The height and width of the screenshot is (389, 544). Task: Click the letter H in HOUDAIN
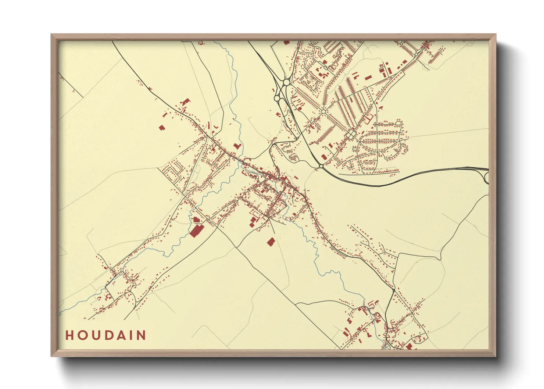[69, 335]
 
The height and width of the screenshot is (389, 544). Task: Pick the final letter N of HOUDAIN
[142, 335]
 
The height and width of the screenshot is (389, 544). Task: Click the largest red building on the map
[197, 231]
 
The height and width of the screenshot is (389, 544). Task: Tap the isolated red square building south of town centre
[271, 242]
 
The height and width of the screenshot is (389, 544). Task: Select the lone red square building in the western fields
[162, 128]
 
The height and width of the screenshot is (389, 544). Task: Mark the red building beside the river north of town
[237, 146]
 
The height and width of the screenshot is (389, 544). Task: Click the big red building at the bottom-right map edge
[409, 346]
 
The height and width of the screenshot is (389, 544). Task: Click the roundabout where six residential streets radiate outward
[323, 111]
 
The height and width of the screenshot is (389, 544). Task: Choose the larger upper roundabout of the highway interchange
[286, 83]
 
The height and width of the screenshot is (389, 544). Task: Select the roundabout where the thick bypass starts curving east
[321, 166]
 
